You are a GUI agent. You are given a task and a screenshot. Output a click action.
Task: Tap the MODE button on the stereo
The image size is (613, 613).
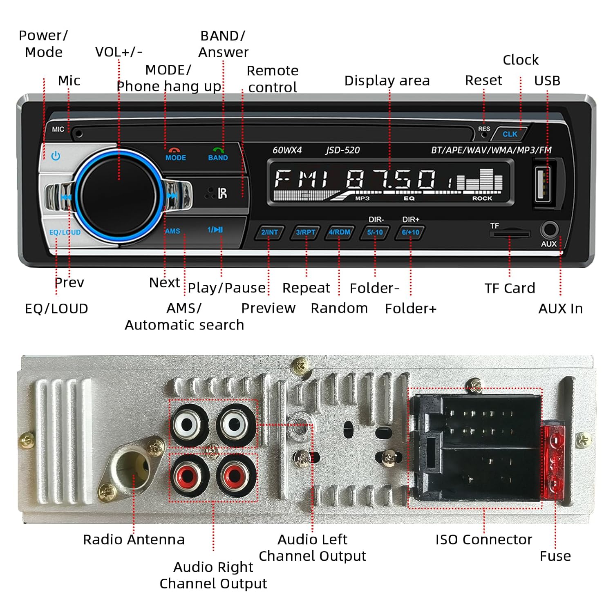pyautogui.click(x=175, y=155)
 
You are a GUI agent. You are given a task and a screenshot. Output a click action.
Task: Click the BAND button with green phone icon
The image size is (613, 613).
pyautogui.click(x=218, y=155)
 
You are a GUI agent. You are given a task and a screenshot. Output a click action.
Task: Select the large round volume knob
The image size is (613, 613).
pyautogui.click(x=119, y=195)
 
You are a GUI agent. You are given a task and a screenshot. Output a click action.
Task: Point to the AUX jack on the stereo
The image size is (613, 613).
pyautogui.click(x=550, y=230)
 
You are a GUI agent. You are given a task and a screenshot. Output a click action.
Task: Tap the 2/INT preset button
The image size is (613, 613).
pyautogui.click(x=269, y=233)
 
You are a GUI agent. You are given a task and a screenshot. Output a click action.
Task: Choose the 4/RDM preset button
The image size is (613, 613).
pyautogui.click(x=339, y=233)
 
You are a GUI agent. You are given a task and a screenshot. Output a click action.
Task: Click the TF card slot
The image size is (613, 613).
pyautogui.click(x=510, y=234)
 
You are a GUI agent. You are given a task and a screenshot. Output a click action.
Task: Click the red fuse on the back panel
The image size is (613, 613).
pyautogui.click(x=554, y=462)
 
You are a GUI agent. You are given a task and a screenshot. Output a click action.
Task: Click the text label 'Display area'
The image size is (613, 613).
pyautogui.click(x=387, y=81)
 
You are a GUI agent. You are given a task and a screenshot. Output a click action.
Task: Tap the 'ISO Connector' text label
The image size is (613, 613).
pyautogui.click(x=483, y=539)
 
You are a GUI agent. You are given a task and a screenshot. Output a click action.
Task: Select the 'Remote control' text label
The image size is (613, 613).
pyautogui.click(x=273, y=79)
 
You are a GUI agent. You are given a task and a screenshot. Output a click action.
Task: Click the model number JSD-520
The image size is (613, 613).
pyautogui.click(x=342, y=150)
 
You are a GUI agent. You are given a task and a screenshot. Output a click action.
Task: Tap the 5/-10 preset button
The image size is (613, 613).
pyautogui.click(x=375, y=233)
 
